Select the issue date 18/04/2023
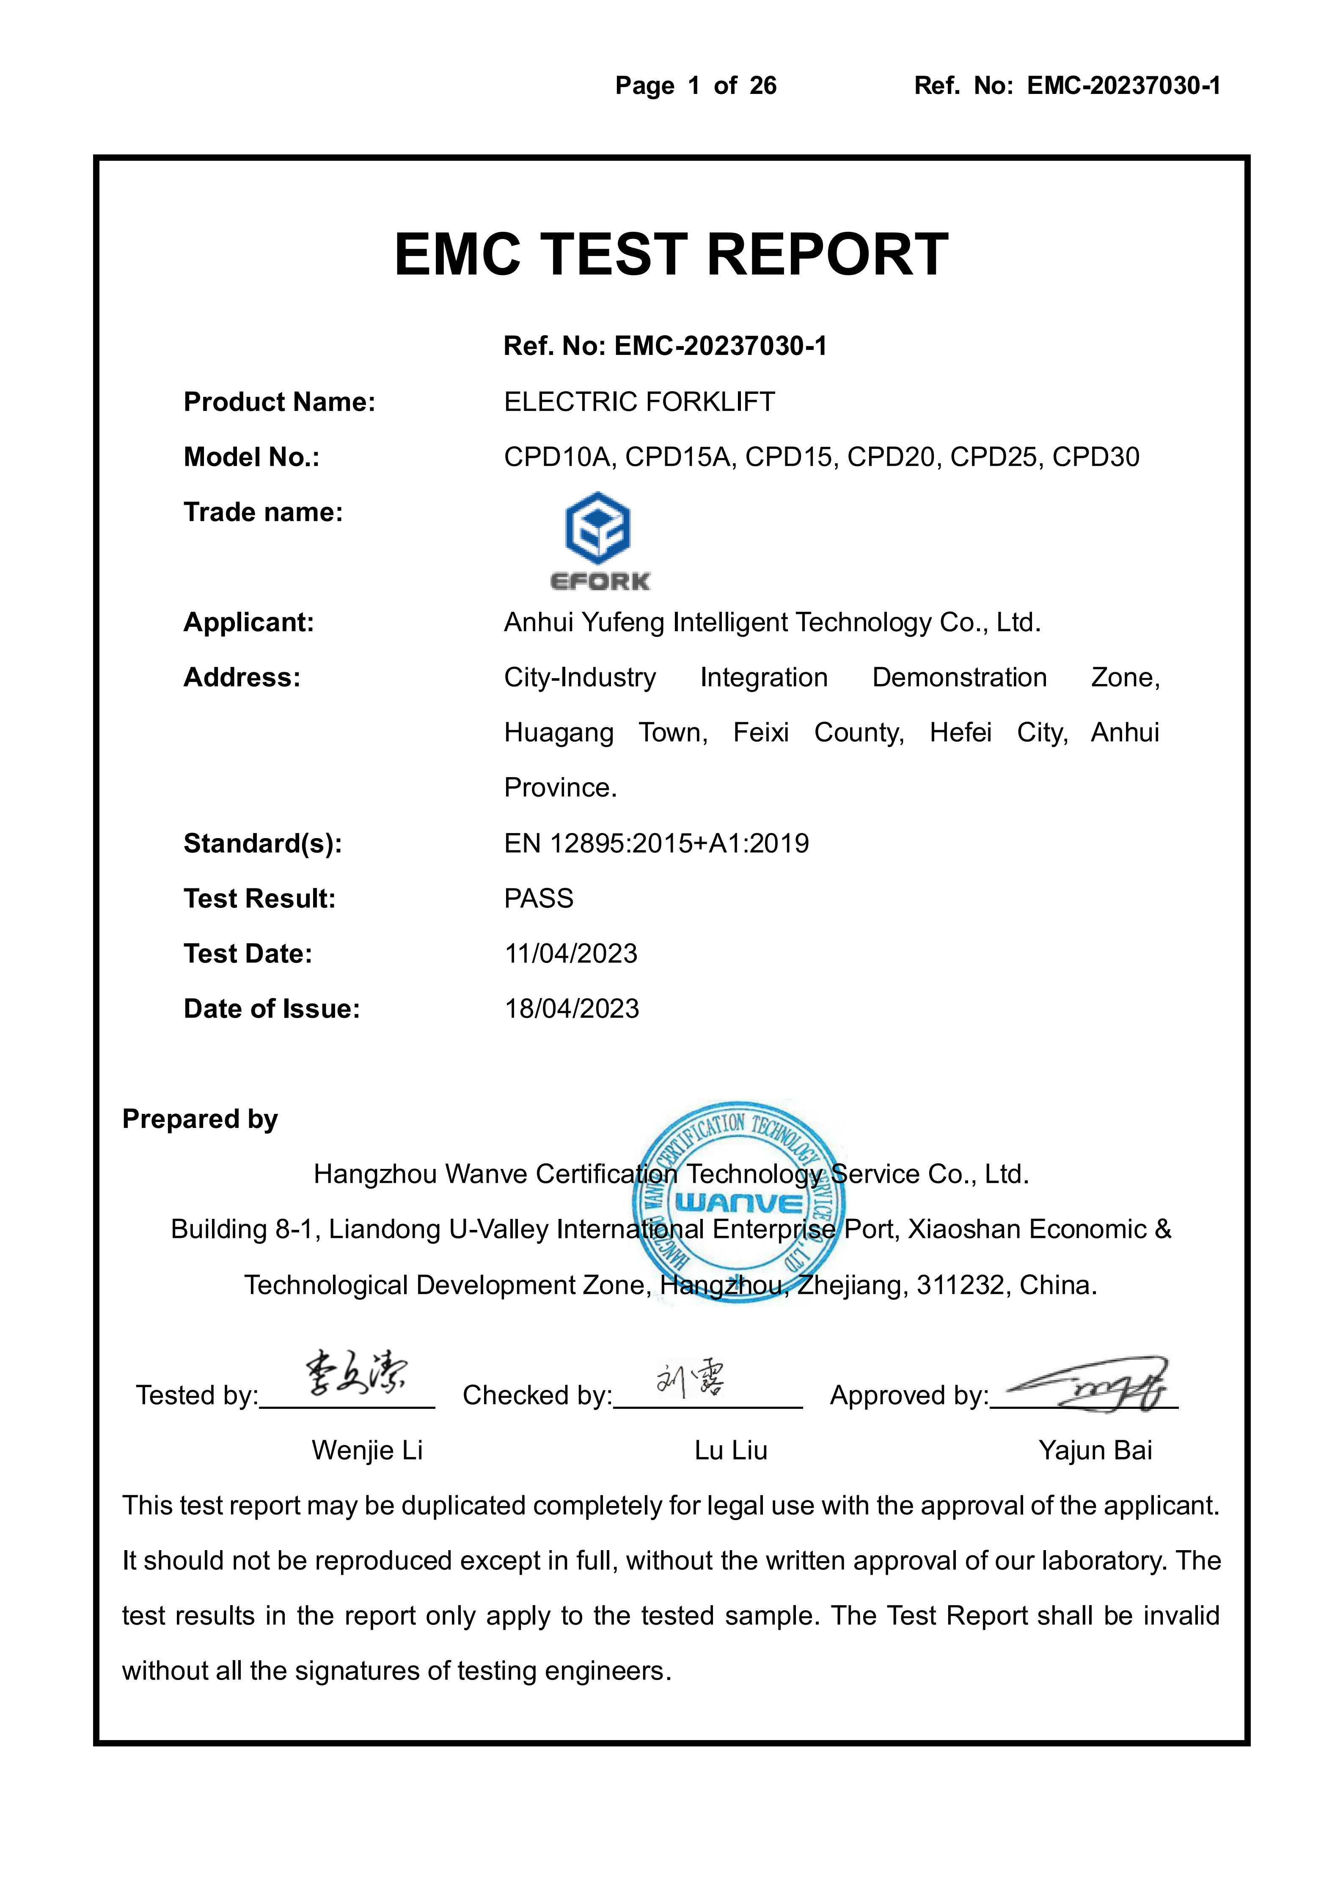572,1009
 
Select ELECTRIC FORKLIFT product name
639,402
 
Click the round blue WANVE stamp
739,1202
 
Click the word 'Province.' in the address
560,788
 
